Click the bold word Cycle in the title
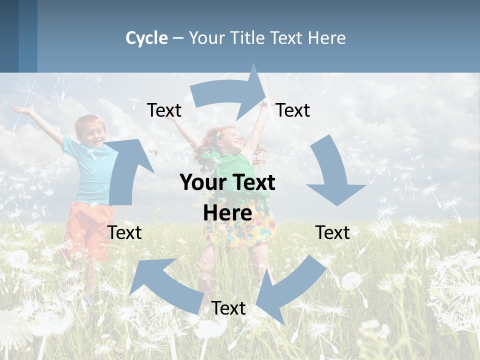(146, 38)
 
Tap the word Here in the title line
(326, 38)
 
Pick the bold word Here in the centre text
(227, 213)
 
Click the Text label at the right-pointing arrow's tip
(293, 110)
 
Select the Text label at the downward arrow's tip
(332, 232)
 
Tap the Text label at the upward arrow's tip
(164, 110)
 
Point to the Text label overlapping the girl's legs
(228, 308)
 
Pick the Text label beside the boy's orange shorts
(125, 232)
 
